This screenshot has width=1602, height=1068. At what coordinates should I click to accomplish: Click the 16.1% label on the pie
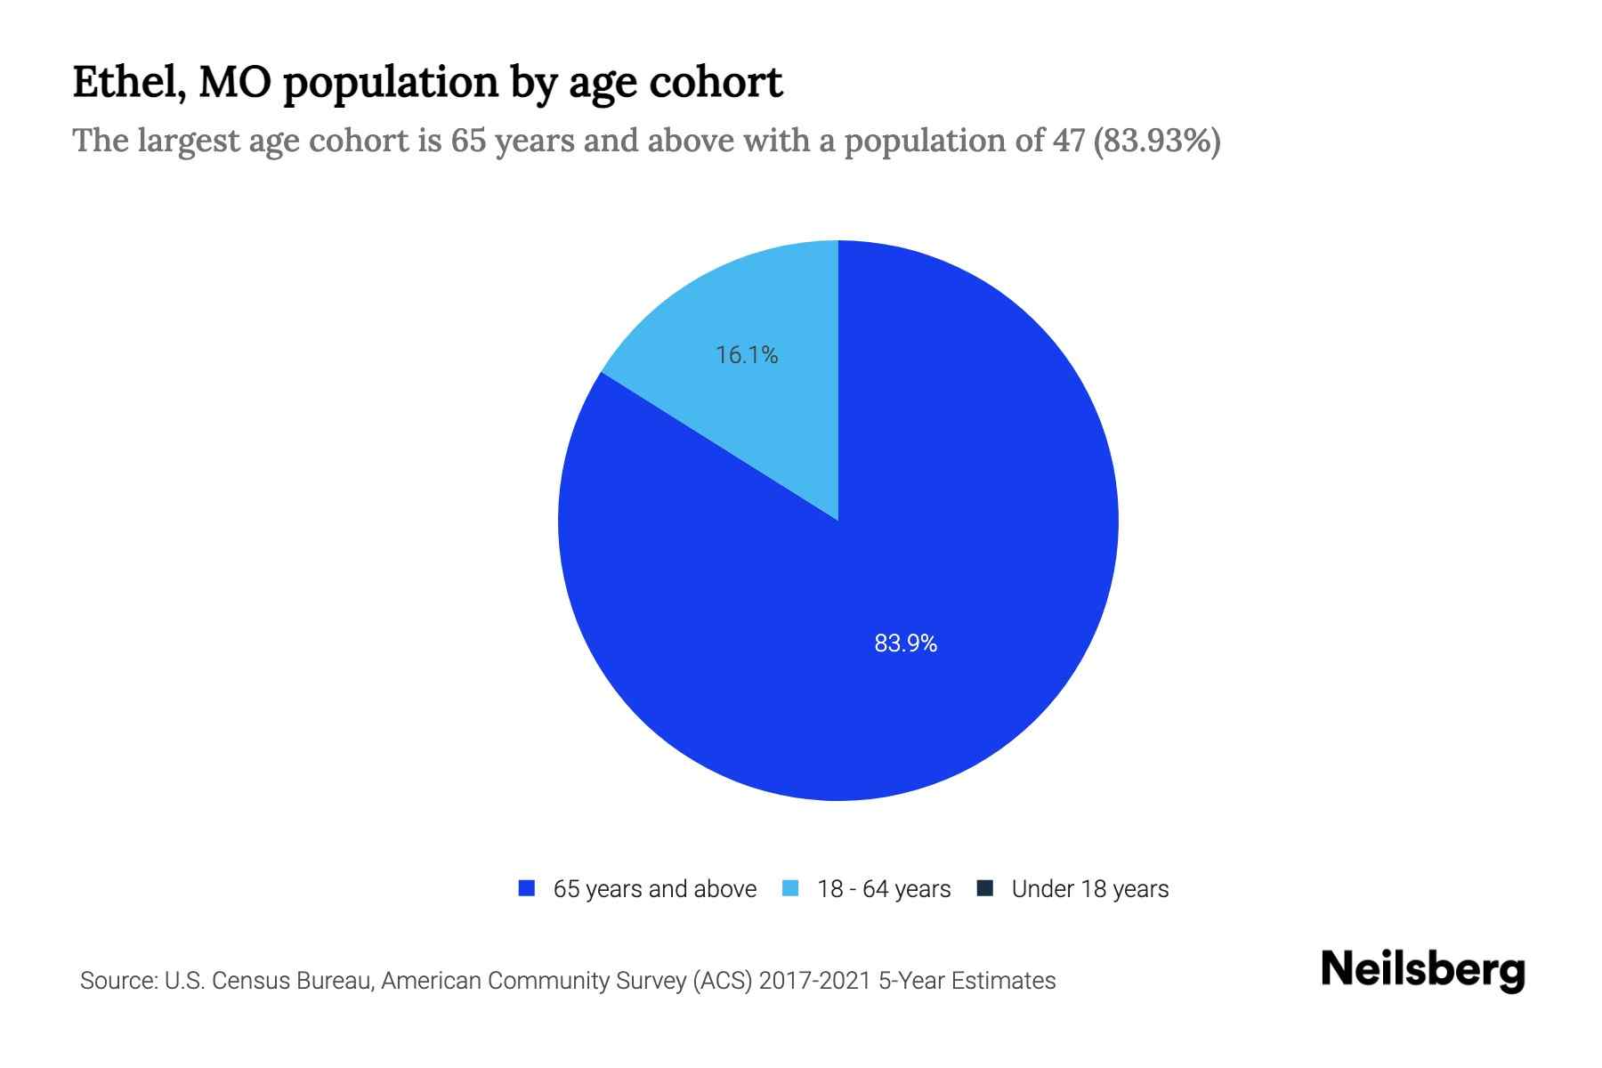pos(747,355)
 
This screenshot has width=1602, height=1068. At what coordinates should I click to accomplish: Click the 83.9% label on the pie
pos(905,643)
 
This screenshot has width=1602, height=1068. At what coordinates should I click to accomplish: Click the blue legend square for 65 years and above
pos(527,888)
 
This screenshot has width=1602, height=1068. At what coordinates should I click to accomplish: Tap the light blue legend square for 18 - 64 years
pos(790,888)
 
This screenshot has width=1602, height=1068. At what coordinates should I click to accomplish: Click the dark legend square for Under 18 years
pos(984,888)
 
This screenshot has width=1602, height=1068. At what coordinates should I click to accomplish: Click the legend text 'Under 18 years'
pos(1089,889)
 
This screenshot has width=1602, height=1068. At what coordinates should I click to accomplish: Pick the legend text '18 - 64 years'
pos(884,889)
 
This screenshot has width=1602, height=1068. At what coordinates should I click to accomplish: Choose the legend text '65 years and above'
pos(654,889)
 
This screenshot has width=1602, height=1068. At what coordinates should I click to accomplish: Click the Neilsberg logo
pos(1422,970)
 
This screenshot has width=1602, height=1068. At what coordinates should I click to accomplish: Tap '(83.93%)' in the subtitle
pos(1156,141)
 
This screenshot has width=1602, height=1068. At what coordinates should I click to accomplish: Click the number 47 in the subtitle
pos(1065,141)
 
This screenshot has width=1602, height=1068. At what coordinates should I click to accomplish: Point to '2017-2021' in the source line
pos(814,981)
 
